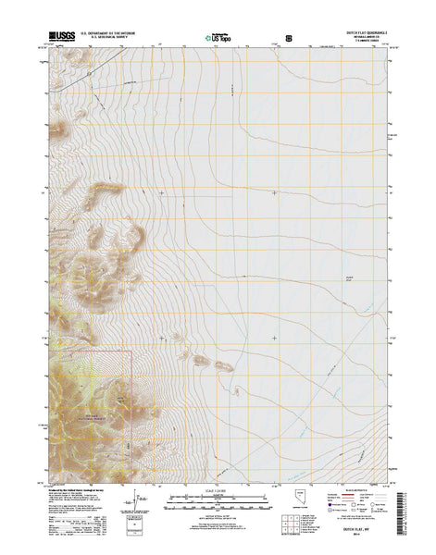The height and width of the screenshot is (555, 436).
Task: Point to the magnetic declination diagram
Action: pyautogui.click(x=141, y=503)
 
